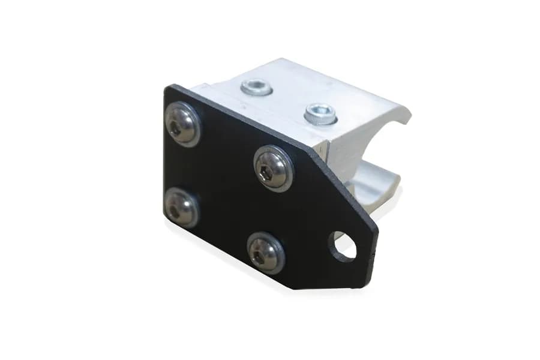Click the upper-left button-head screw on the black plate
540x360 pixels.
pos(182,124)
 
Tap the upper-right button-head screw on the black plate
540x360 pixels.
pos(273,168)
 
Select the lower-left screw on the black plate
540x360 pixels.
pos(181,208)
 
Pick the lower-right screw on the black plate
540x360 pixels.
pos(266,253)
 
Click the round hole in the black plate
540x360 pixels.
pos(343,246)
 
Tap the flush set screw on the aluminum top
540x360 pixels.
pos(256,88)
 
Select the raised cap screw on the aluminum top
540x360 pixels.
pos(320,112)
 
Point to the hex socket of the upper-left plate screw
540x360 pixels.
pos(176,126)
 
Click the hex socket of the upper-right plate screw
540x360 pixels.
pos(268,170)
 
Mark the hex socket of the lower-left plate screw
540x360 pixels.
pos(174,210)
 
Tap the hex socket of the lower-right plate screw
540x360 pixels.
pos(259,255)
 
